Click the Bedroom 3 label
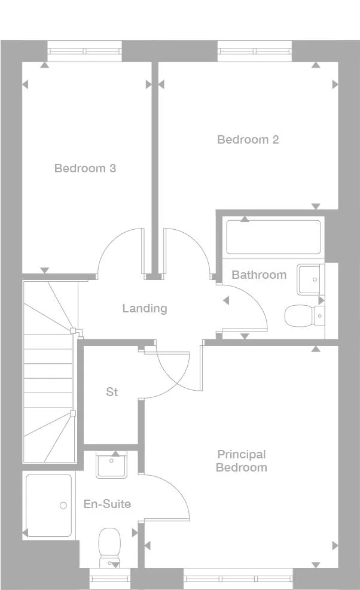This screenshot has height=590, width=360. coord(85,168)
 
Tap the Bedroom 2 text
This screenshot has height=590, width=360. coord(248,139)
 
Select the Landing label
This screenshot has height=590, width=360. coord(145,309)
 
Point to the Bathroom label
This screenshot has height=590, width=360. coord(259,275)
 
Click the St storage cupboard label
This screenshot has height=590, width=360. coord(112,392)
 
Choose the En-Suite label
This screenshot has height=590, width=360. coord(107,504)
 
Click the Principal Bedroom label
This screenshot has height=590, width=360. coord(241,461)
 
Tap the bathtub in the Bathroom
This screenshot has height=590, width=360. coord(273,238)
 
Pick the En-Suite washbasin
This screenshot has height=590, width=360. coord(111,466)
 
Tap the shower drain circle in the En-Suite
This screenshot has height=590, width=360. coord(63,506)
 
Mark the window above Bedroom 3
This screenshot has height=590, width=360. coord(84,51)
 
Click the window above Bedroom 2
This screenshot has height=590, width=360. coord(255,51)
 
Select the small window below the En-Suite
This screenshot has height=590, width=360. coord(109,579)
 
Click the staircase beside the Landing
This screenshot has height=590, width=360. coord(50,371)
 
